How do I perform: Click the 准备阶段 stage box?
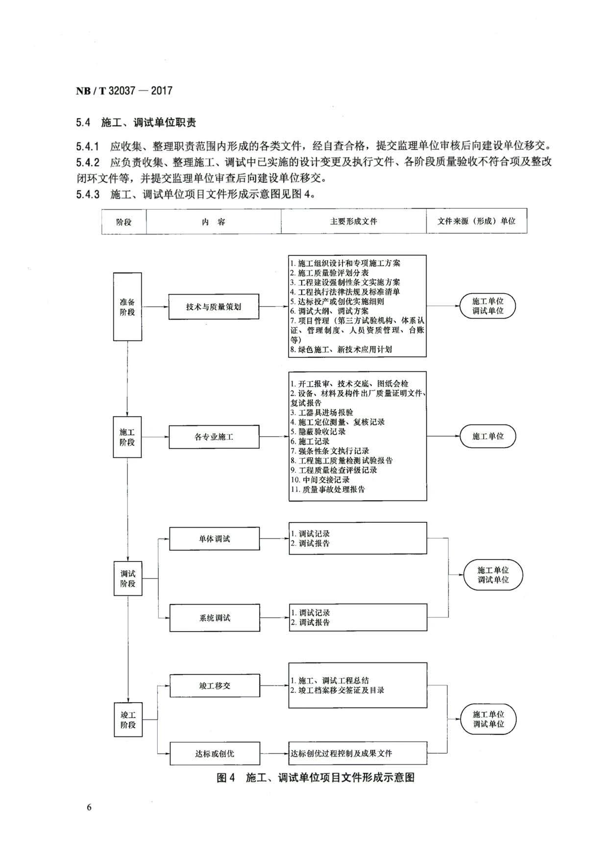click(127, 307)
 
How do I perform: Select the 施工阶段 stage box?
click(127, 437)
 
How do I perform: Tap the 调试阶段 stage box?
click(128, 578)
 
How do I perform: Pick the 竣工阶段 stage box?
click(128, 719)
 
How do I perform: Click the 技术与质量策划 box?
click(214, 307)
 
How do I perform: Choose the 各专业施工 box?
click(214, 437)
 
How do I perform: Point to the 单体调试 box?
click(215, 539)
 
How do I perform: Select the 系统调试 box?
click(215, 618)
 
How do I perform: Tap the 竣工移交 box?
click(215, 686)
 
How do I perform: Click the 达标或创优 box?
click(215, 754)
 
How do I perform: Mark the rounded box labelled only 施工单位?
click(488, 436)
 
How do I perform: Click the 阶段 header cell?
click(124, 221)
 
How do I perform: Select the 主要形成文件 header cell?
click(354, 221)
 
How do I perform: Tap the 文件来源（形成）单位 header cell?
click(477, 221)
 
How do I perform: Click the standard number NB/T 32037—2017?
click(124, 91)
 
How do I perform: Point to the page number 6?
click(89, 807)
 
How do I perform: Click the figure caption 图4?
click(226, 778)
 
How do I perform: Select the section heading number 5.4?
click(83, 123)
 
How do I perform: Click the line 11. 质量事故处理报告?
click(328, 489)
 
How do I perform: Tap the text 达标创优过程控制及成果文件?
click(341, 753)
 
